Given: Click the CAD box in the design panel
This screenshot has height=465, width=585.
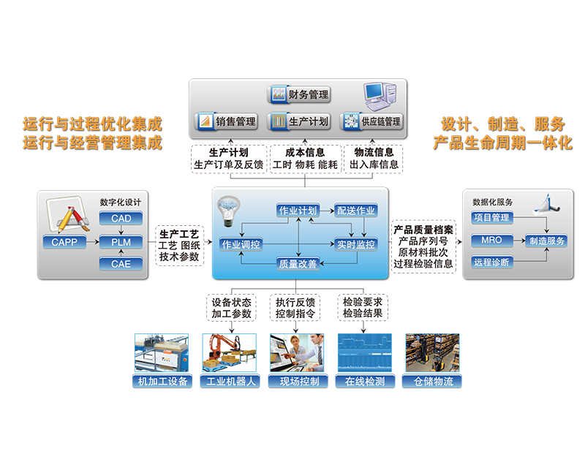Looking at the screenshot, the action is [121, 218].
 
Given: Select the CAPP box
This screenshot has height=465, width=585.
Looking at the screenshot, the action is [64, 242].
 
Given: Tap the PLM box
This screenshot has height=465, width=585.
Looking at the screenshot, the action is [121, 242].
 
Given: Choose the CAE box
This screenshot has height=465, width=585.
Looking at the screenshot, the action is [121, 264].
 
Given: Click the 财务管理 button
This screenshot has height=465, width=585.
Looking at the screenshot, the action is [299, 94].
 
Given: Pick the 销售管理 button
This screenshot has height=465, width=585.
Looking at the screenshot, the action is [227, 121].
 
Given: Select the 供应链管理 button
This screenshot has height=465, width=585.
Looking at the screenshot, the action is [372, 121].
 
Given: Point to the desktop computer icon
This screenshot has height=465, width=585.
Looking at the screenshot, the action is [380, 97].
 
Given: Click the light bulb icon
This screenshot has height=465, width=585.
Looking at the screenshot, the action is [228, 211].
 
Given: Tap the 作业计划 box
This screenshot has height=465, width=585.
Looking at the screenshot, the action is [298, 211].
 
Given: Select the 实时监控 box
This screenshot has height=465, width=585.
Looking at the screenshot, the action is [355, 244].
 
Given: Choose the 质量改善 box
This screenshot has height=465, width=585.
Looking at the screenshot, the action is [298, 264].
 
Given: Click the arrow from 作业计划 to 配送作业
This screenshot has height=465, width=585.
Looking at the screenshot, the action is [327, 211].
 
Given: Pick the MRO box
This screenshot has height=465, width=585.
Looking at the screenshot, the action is [491, 240].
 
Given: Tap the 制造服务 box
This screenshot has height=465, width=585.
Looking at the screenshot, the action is [546, 241].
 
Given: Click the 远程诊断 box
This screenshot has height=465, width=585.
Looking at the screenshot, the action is [491, 262].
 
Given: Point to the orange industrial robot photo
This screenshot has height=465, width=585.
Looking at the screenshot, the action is [230, 352].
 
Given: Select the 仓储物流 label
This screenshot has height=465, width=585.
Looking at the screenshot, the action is [432, 381].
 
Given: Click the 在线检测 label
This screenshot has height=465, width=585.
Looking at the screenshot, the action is [365, 381].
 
